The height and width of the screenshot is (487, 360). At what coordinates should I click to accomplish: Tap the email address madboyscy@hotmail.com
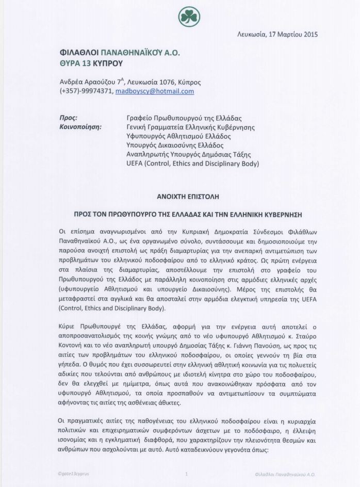(155, 91)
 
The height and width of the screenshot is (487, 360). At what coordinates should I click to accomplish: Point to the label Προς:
(69, 118)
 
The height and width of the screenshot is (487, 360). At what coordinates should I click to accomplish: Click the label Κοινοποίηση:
(81, 127)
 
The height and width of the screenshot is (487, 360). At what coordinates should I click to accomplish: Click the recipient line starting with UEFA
(192, 164)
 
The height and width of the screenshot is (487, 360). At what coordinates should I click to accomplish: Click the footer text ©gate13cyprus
(74, 473)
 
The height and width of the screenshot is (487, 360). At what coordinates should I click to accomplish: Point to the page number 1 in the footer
(186, 473)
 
